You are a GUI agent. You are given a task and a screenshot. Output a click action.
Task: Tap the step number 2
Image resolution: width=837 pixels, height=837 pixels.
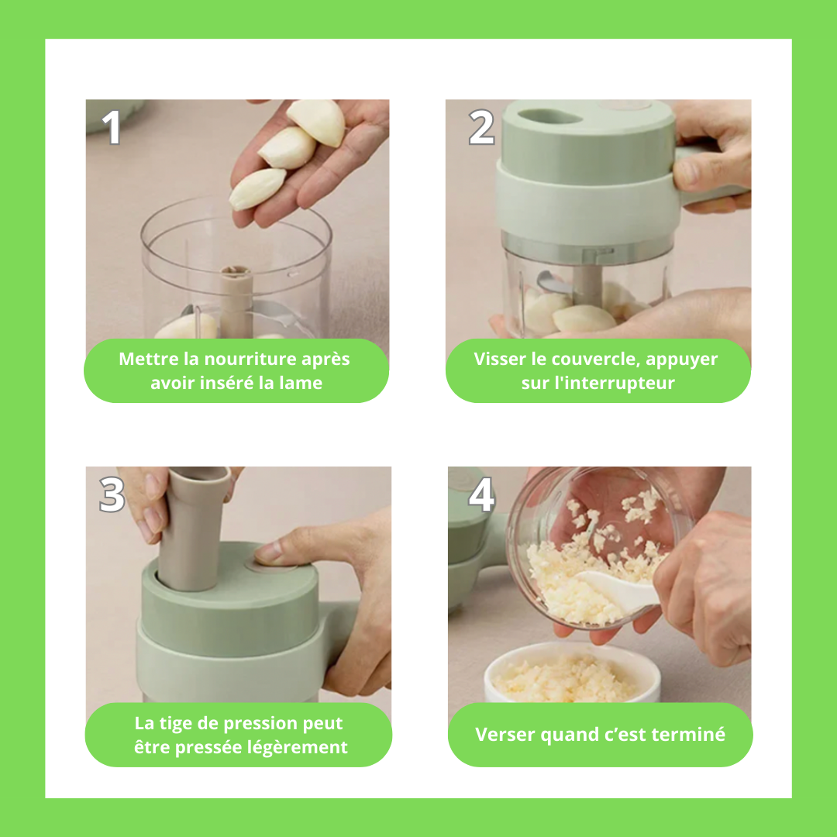(x=481, y=127)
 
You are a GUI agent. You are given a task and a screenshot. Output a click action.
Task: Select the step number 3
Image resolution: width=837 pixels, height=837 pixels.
(x=112, y=494)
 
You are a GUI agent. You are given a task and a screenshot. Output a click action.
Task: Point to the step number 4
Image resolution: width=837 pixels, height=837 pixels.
(x=481, y=494)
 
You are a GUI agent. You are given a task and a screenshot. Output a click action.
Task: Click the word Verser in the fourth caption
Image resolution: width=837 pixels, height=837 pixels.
(x=505, y=735)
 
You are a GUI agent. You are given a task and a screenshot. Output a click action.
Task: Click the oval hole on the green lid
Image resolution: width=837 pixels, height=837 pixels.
(x=549, y=116)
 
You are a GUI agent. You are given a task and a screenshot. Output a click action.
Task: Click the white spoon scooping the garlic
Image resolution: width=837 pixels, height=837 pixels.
(x=618, y=587)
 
